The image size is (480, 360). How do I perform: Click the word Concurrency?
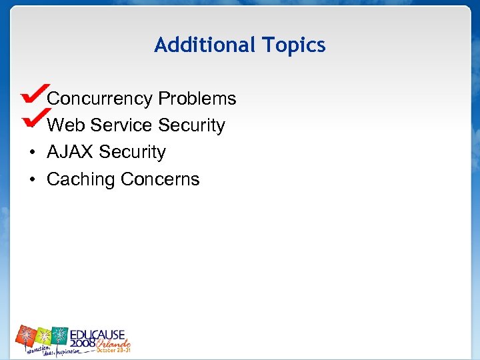[x=100, y=99]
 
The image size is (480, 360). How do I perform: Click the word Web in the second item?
[x=66, y=125]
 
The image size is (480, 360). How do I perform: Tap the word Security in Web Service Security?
[x=192, y=125]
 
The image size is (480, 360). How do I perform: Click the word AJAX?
[x=70, y=152]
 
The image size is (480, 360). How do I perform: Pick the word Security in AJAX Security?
[x=132, y=153]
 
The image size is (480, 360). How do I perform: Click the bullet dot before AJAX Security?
[x=32, y=153]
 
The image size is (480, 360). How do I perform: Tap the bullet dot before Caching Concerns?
[x=32, y=180]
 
